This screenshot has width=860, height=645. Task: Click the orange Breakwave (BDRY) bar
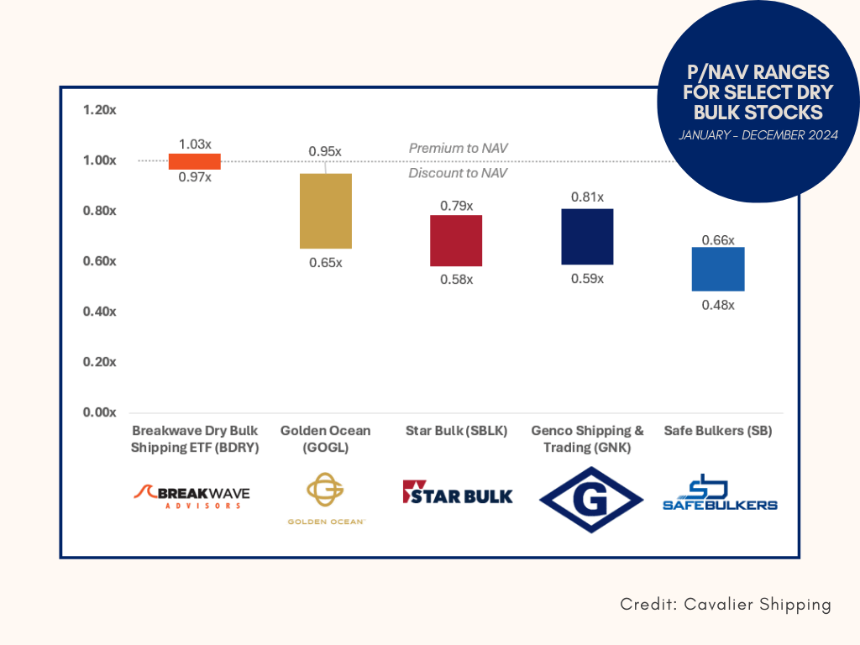[195, 161]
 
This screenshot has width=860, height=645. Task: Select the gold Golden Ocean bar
[326, 211]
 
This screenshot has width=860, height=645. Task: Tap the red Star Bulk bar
[456, 241]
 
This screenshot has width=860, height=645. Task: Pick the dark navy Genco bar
[587, 237]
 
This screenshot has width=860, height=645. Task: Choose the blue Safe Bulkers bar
[718, 270]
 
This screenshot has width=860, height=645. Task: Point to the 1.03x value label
[195, 144]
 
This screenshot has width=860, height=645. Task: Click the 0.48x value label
[718, 305]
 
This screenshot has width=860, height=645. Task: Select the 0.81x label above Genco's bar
[587, 197]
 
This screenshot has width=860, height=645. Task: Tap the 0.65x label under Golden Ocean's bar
[326, 263]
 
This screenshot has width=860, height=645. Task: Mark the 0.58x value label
[456, 280]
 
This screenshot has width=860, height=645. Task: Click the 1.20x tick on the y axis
[100, 110]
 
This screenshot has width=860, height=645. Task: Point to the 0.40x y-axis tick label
[100, 312]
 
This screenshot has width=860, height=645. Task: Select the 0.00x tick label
[100, 412]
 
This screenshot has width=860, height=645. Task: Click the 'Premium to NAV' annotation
[458, 148]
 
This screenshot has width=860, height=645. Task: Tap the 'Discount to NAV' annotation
[458, 173]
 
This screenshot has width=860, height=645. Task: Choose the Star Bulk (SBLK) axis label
[456, 431]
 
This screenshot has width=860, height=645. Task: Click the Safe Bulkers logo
[720, 492]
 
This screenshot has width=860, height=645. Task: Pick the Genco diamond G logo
[591, 500]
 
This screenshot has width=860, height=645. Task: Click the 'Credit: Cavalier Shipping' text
[726, 605]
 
